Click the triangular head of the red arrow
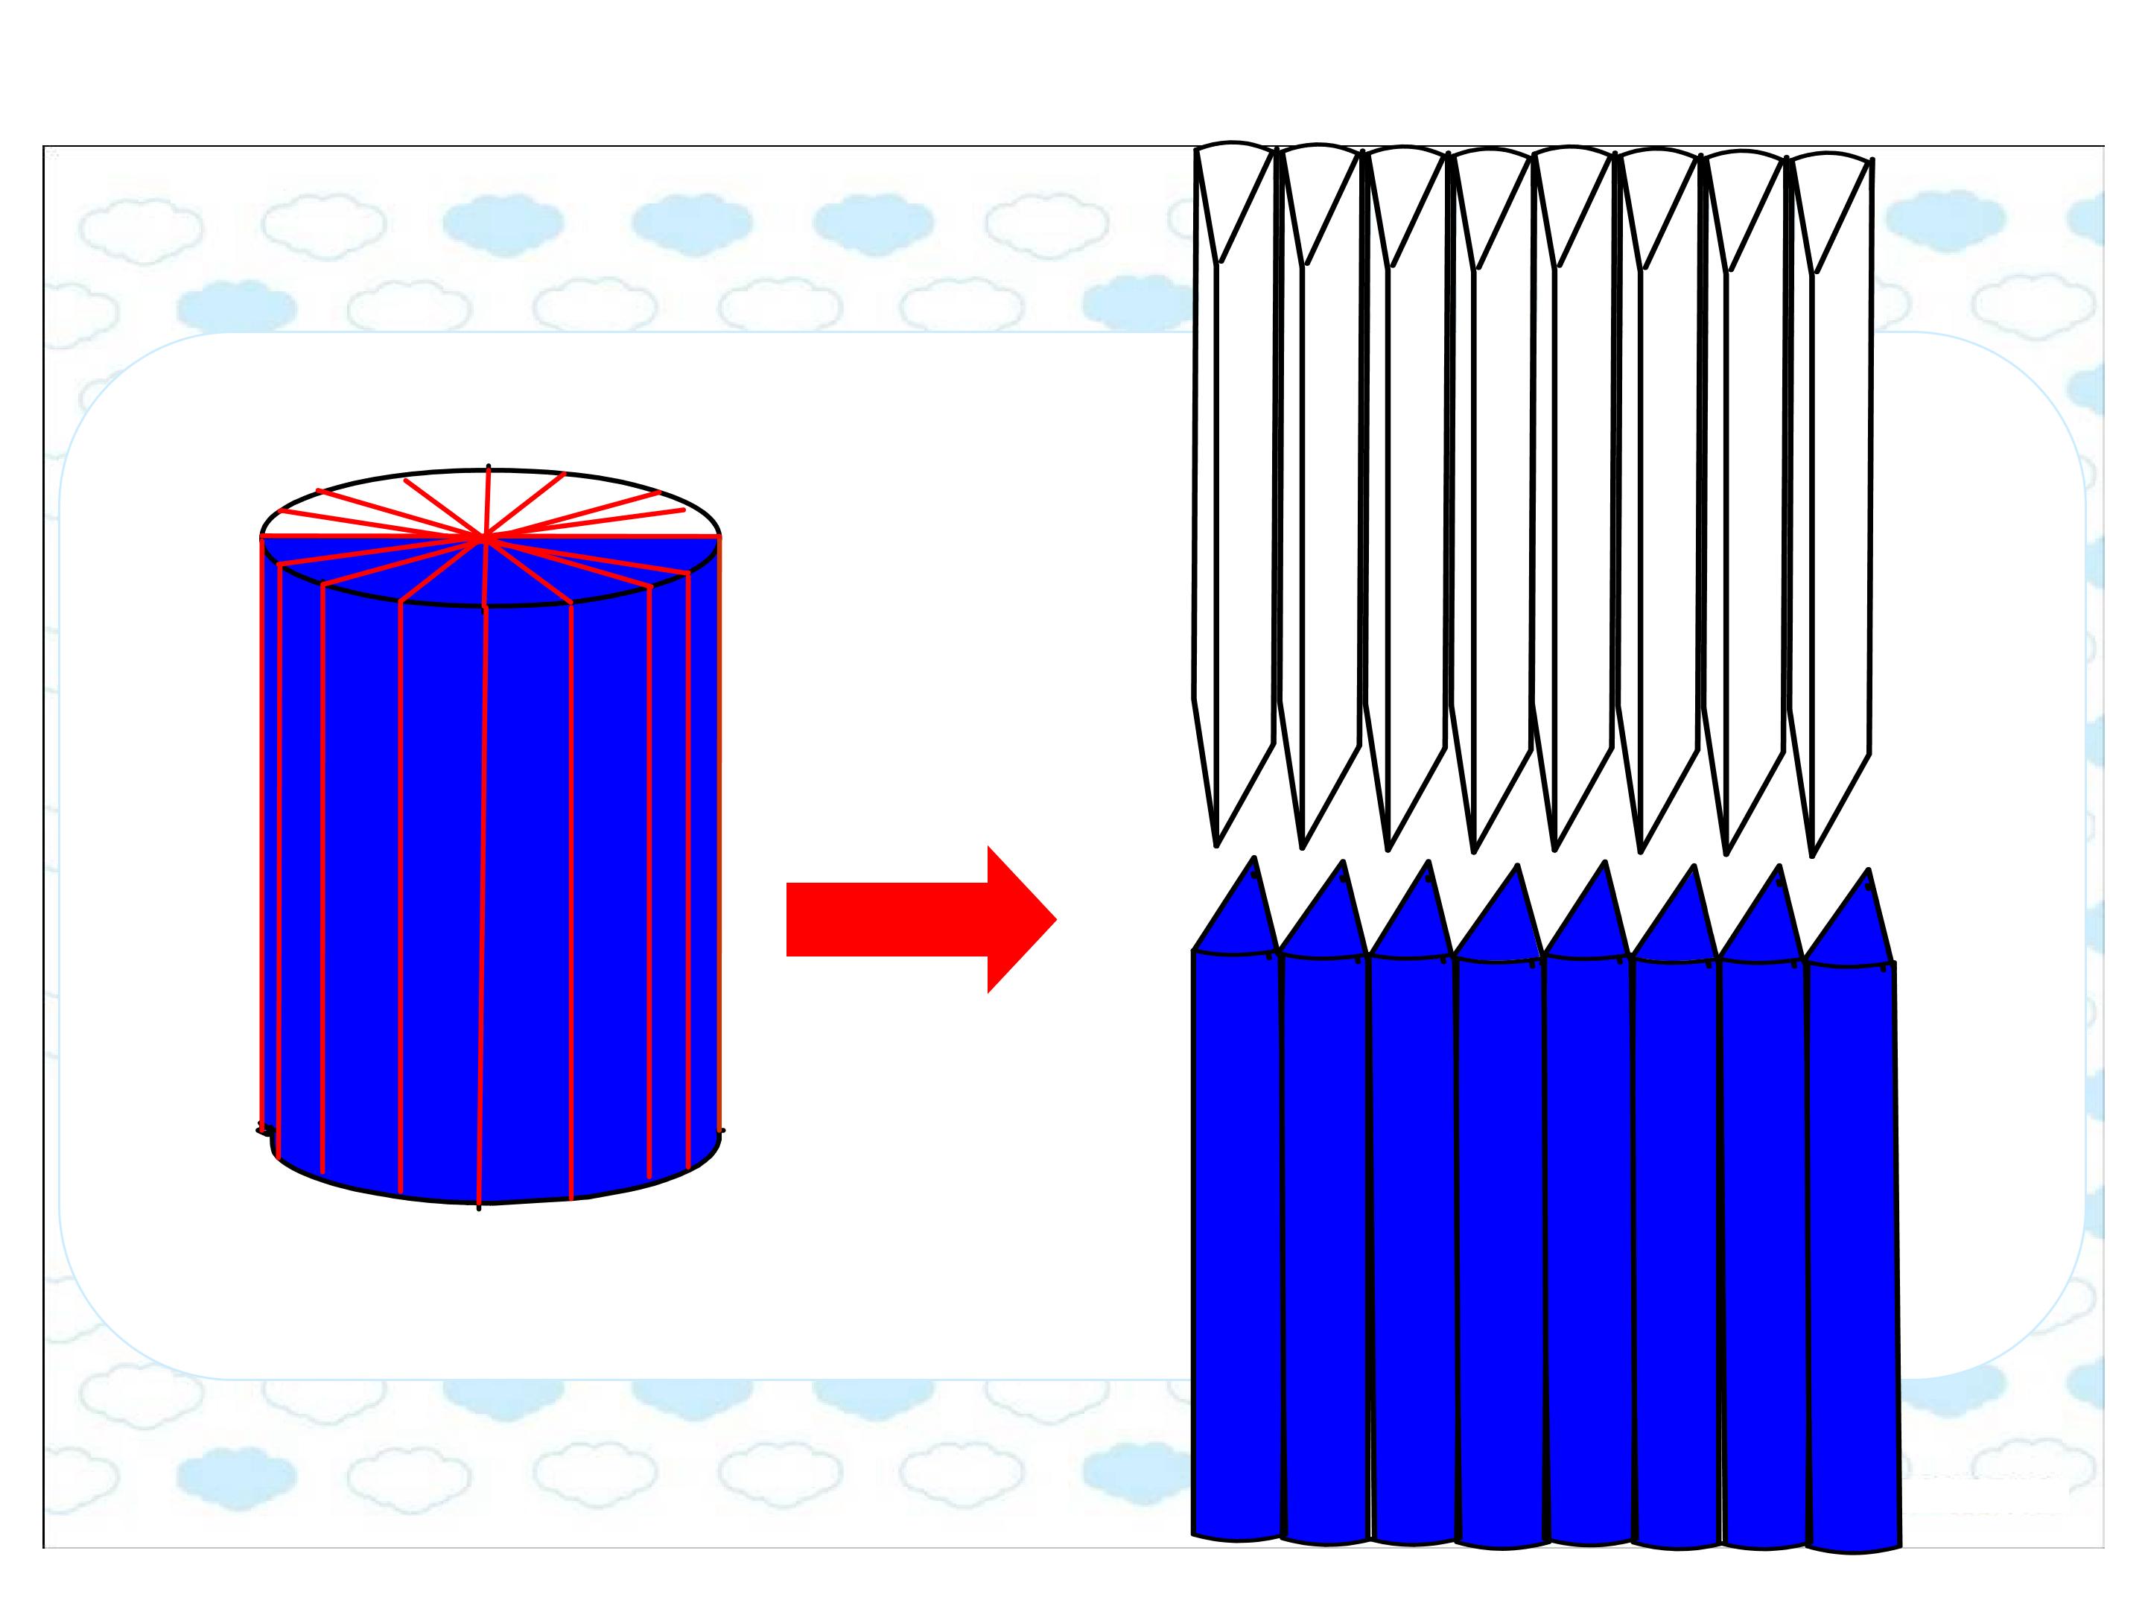pyautogui.click(x=1018, y=919)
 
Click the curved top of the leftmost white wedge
pyautogui.click(x=1234, y=145)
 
